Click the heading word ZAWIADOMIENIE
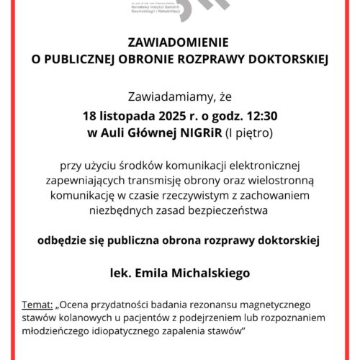tap(179, 42)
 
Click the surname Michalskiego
tap(208, 273)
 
